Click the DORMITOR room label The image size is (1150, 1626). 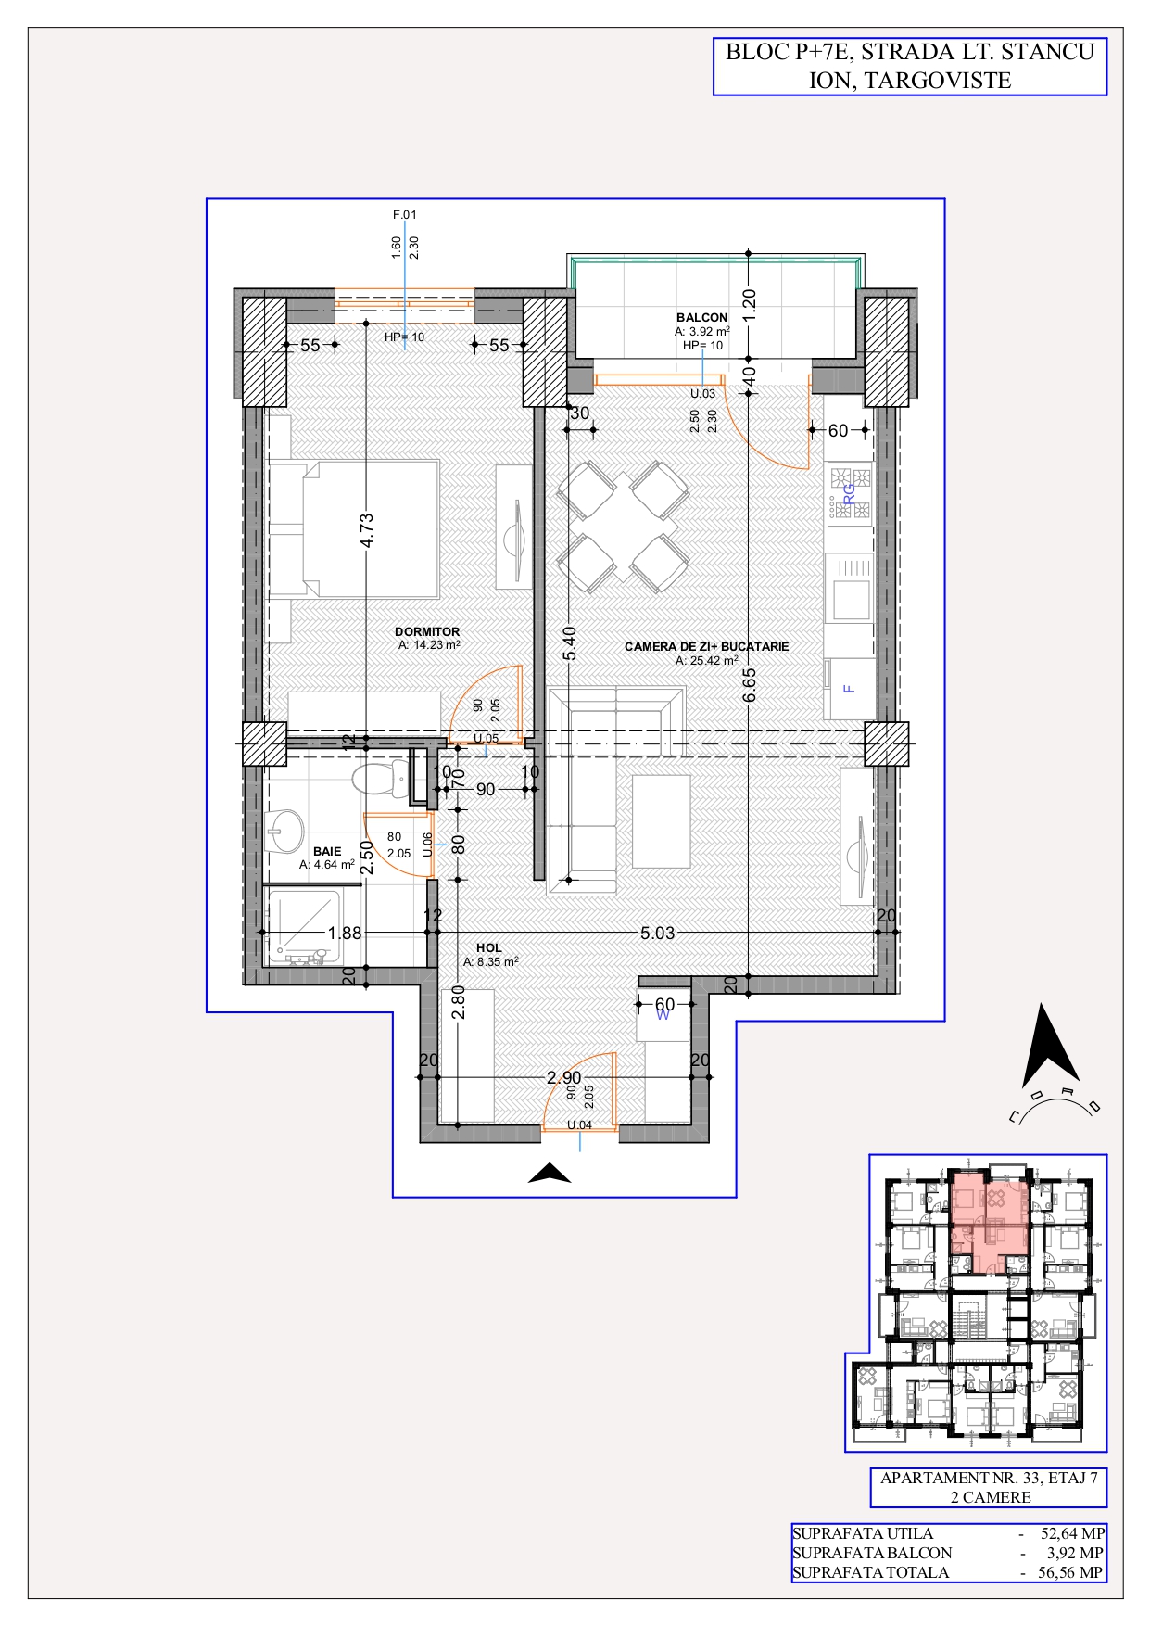point(427,631)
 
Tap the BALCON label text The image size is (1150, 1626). point(701,317)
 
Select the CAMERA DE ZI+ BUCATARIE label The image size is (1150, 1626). point(707,646)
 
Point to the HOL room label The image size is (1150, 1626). point(489,947)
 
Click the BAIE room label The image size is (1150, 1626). point(327,851)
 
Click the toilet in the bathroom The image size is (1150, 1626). point(380,778)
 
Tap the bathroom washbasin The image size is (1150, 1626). point(284,831)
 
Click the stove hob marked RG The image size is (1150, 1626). point(849,493)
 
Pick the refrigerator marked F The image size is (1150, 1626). point(849,689)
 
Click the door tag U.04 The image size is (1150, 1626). point(580,1124)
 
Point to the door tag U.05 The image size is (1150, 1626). point(487,738)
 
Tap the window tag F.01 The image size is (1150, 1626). point(405,214)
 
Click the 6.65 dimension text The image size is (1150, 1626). point(750,685)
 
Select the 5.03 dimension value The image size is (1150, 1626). point(658,933)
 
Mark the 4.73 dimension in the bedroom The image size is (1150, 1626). point(367,531)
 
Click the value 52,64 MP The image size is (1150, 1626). point(1072,1533)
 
